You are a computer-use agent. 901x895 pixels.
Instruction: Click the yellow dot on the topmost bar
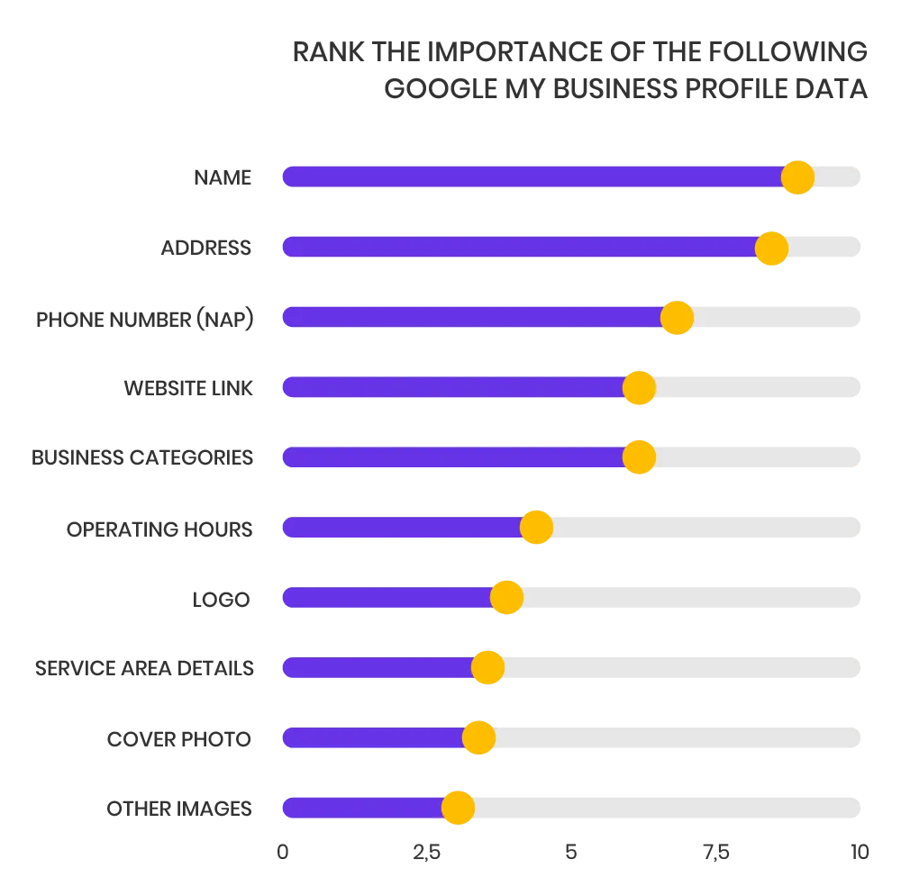coord(797,177)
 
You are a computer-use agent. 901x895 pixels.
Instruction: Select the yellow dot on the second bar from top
coord(771,248)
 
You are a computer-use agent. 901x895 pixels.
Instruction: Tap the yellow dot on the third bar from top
coord(677,318)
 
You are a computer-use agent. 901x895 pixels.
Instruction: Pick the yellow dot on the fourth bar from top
coord(639,388)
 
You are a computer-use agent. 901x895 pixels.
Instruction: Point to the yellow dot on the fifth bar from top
coord(639,457)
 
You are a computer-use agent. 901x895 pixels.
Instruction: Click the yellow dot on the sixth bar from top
coord(536,528)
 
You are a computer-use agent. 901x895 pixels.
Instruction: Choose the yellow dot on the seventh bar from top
coord(506,598)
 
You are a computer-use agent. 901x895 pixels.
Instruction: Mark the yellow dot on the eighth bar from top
coord(487,668)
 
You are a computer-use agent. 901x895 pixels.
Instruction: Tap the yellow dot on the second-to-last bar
coord(478,737)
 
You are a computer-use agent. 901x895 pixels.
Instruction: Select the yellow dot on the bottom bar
coord(458,808)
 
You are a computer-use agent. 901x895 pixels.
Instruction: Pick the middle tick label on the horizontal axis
coord(569,854)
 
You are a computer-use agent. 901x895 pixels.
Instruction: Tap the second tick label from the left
coord(425,854)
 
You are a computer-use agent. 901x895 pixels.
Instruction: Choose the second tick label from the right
coord(715,854)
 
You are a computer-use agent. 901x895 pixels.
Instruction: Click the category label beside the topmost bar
coord(223,177)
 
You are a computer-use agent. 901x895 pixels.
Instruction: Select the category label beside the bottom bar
coord(177,809)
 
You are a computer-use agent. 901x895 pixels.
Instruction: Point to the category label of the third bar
coord(147,319)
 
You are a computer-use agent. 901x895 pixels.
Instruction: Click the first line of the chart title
coord(579,53)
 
